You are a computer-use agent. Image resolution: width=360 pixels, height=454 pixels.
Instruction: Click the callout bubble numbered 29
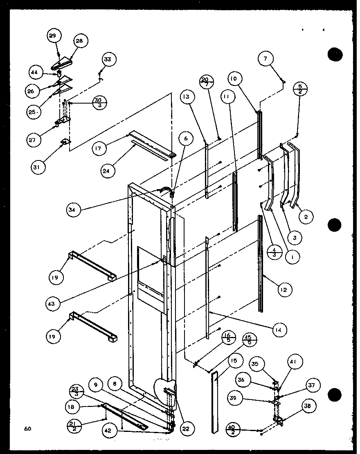(52, 36)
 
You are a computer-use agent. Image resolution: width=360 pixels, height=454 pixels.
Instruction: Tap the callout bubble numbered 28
(79, 41)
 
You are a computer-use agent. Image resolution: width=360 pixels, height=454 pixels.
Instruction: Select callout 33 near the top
(107, 60)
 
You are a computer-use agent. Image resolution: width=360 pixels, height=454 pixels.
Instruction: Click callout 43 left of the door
(53, 303)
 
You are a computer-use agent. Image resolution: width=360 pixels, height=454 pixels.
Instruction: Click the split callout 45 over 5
(250, 339)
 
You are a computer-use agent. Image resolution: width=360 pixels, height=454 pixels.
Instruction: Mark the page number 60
(27, 429)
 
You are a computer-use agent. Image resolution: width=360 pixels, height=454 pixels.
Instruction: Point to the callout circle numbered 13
(186, 97)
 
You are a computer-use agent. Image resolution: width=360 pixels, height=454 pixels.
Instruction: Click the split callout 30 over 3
(99, 102)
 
